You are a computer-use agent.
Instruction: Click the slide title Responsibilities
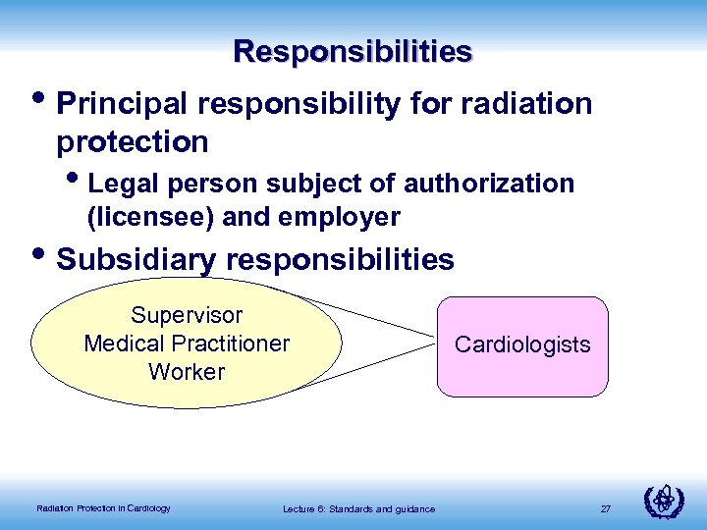click(x=353, y=51)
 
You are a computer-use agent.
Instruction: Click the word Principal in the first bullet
click(x=124, y=104)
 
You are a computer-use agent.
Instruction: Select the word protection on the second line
click(x=133, y=142)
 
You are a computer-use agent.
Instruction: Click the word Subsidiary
click(x=139, y=259)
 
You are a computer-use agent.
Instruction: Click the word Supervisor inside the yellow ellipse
click(x=187, y=315)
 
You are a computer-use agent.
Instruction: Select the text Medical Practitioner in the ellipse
click(x=187, y=344)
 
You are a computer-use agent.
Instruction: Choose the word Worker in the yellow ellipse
click(x=187, y=372)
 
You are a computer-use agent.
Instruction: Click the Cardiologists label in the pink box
click(x=522, y=344)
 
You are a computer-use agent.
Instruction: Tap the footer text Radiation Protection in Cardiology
click(x=103, y=507)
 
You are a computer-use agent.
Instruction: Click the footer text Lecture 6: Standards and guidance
click(x=358, y=508)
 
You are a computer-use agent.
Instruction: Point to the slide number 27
click(x=605, y=508)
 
